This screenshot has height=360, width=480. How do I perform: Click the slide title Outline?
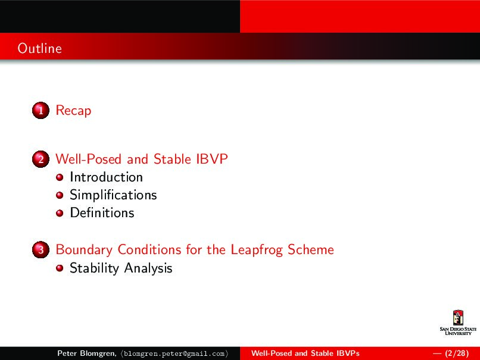[x=39, y=48]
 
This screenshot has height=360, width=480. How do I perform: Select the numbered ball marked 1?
[x=40, y=111]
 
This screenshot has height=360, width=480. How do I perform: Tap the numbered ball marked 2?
[x=40, y=159]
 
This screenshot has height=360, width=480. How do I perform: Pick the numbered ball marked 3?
[x=40, y=249]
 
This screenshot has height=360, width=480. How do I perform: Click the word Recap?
[x=73, y=111]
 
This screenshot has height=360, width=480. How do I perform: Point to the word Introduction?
[x=106, y=177]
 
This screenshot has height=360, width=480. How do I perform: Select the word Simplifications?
[x=113, y=195]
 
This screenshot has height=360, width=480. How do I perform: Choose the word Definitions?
[x=102, y=212]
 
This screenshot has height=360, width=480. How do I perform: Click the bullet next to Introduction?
[x=60, y=177]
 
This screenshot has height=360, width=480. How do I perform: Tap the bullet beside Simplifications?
[x=60, y=195]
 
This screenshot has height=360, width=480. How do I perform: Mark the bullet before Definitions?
[x=60, y=213]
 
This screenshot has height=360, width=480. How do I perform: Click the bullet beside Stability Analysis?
[x=60, y=268]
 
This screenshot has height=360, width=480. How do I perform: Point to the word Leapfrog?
[x=257, y=250]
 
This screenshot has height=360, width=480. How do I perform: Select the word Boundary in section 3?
[x=84, y=250]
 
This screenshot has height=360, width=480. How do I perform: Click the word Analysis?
[x=148, y=268]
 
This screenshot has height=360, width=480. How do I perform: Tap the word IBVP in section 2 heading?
[x=212, y=159]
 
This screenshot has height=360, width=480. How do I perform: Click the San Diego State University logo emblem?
[x=458, y=318]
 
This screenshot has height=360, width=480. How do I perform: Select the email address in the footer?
[x=175, y=353]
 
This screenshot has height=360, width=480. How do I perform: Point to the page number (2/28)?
[x=457, y=353]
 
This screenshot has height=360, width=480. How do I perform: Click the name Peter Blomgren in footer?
[x=87, y=353]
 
